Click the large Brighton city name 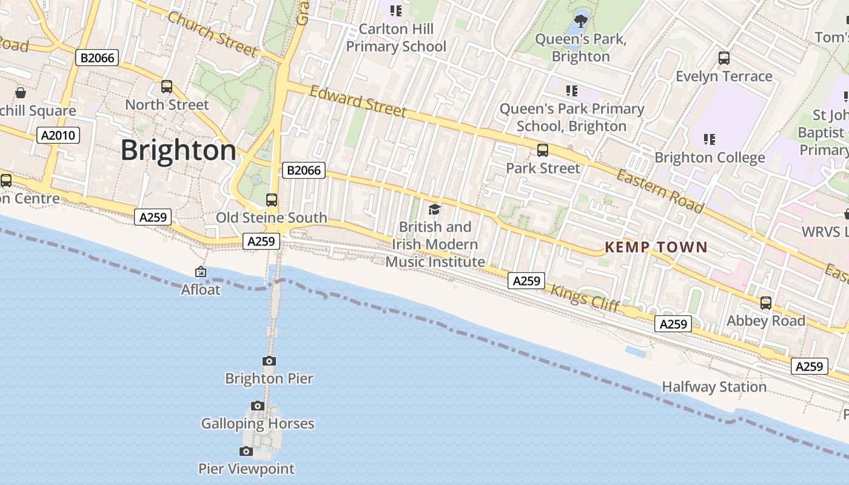[x=178, y=150]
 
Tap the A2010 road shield [x=59, y=135]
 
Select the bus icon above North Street [x=167, y=87]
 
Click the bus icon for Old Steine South [x=272, y=200]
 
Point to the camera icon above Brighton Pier [x=269, y=361]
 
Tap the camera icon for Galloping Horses [x=258, y=406]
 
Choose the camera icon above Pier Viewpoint [x=246, y=451]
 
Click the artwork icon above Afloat [x=201, y=272]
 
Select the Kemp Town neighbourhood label [x=656, y=247]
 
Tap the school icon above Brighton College [x=710, y=139]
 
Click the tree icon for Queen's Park [x=581, y=21]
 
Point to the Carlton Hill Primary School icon [x=396, y=11]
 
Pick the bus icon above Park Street [x=543, y=150]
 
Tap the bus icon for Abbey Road [x=766, y=303]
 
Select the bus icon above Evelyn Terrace [x=723, y=58]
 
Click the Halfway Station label [x=714, y=387]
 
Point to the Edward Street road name [x=358, y=101]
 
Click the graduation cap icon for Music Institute [x=434, y=210]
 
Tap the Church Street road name [x=212, y=34]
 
